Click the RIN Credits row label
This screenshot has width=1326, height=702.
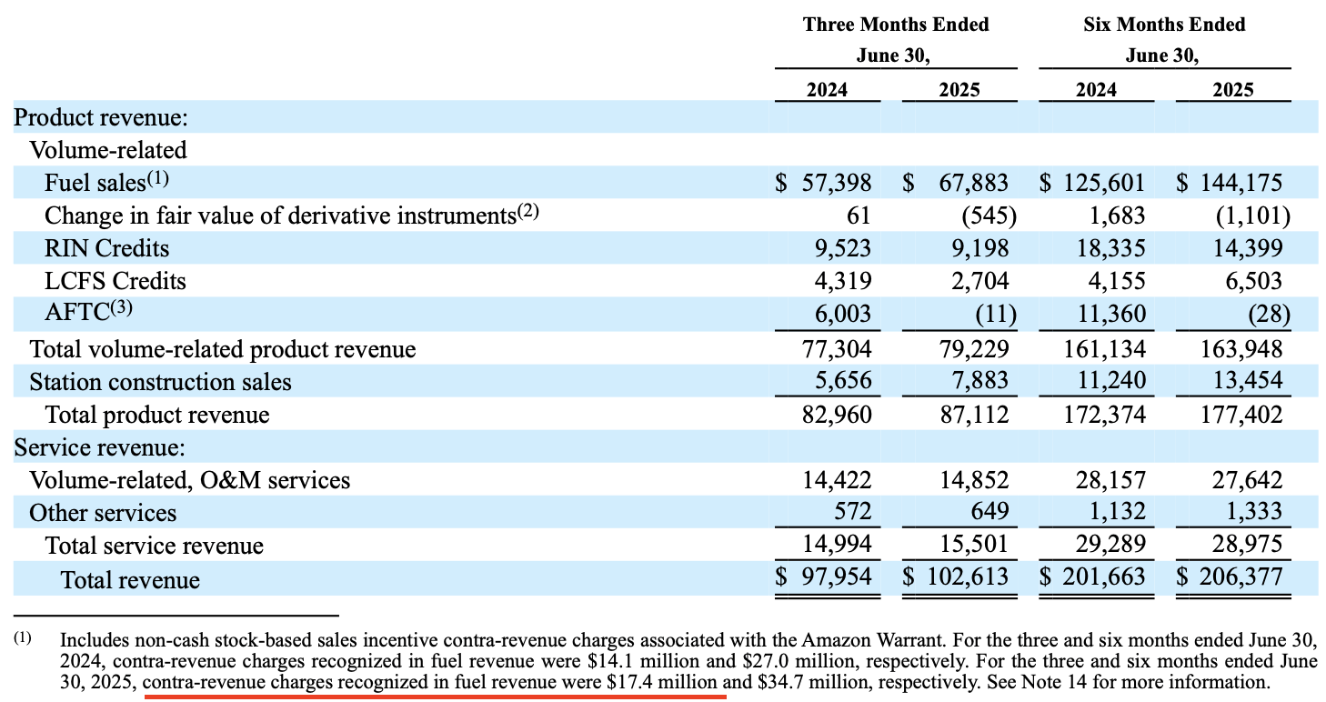tap(106, 248)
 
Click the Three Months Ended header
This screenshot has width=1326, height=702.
tap(895, 25)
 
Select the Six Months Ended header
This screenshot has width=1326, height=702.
tap(1164, 25)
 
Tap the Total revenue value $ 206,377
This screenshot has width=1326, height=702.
tap(1230, 577)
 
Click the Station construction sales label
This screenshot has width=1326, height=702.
tap(160, 381)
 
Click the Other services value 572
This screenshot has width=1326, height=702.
tap(853, 512)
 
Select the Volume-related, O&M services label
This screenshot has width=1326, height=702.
tap(189, 479)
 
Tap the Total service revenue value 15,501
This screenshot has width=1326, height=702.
tap(974, 545)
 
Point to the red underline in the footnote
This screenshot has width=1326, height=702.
tap(436, 697)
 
